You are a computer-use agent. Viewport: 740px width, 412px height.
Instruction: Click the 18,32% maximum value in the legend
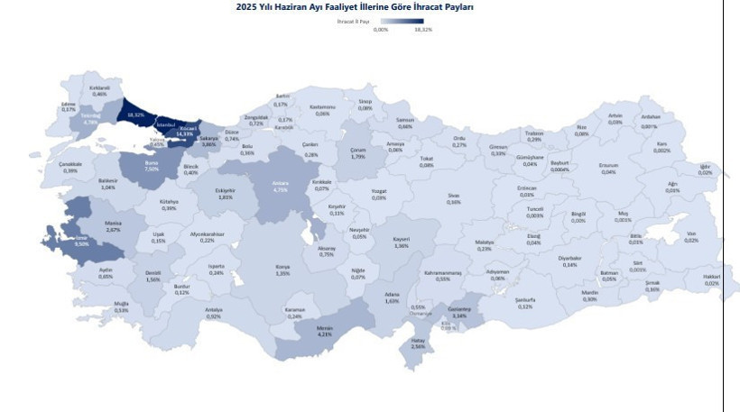tap(423, 29)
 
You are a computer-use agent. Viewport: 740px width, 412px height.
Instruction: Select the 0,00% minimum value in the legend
tap(381, 29)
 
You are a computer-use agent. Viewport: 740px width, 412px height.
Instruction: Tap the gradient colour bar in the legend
tap(402, 21)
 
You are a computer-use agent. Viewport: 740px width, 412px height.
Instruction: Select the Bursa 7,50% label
tap(152, 166)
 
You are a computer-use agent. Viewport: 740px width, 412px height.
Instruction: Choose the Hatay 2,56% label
tap(418, 343)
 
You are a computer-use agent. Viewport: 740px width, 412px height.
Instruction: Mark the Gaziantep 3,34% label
tap(458, 313)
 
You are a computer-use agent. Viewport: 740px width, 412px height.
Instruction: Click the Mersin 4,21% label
tap(325, 331)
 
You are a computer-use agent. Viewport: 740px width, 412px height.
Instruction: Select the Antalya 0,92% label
tap(213, 313)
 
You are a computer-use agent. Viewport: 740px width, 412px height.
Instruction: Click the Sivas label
tap(453, 198)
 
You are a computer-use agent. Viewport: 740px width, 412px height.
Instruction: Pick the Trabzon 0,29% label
tap(534, 136)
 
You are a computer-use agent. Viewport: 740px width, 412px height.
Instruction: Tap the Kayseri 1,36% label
tap(402, 243)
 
